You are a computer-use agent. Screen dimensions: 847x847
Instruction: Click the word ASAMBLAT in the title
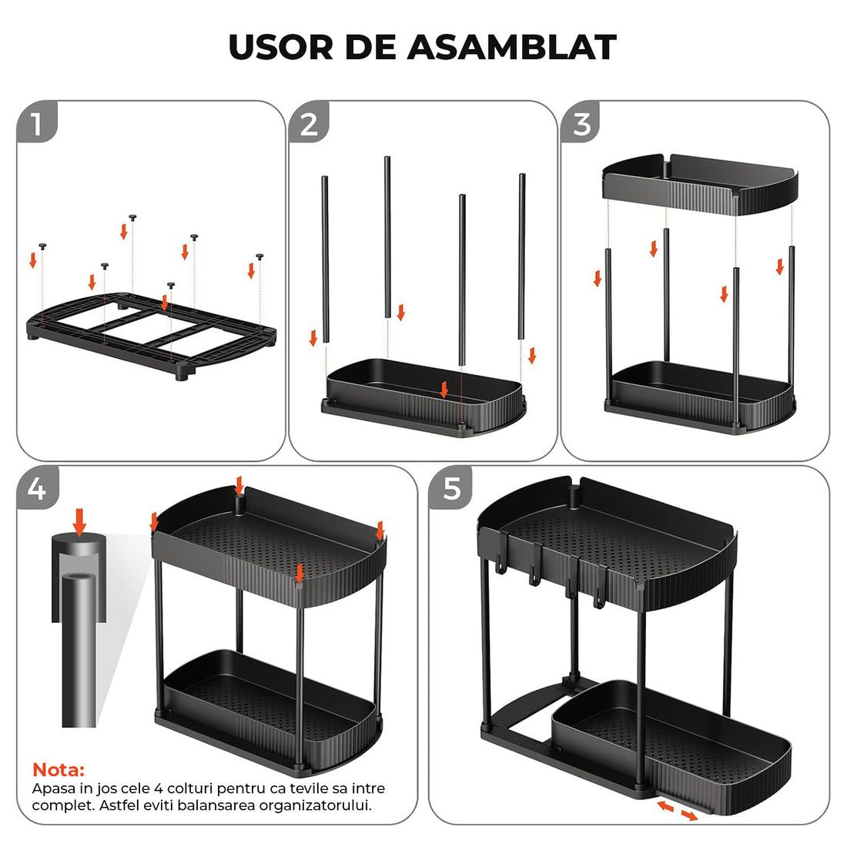click(x=511, y=48)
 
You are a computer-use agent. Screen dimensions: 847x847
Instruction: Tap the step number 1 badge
click(x=36, y=124)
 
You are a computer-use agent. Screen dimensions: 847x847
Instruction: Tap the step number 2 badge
click(x=309, y=124)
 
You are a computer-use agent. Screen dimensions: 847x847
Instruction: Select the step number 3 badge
click(x=581, y=124)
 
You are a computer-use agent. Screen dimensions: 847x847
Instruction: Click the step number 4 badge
click(x=36, y=488)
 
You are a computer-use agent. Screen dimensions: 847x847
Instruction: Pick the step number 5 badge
click(x=452, y=488)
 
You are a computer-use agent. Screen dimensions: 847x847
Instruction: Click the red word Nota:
click(x=59, y=769)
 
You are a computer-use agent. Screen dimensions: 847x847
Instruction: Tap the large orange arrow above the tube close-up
click(x=79, y=521)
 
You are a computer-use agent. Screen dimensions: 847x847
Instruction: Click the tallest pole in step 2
click(x=387, y=235)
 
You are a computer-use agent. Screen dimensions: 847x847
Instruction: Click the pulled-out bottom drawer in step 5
click(x=670, y=739)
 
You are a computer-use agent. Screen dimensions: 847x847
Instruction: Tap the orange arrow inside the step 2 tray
click(x=444, y=390)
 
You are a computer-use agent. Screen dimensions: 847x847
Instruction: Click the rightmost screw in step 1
click(x=260, y=256)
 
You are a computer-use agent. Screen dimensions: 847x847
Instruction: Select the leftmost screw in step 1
click(x=43, y=246)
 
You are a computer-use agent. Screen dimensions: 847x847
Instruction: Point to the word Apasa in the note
click(x=50, y=788)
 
